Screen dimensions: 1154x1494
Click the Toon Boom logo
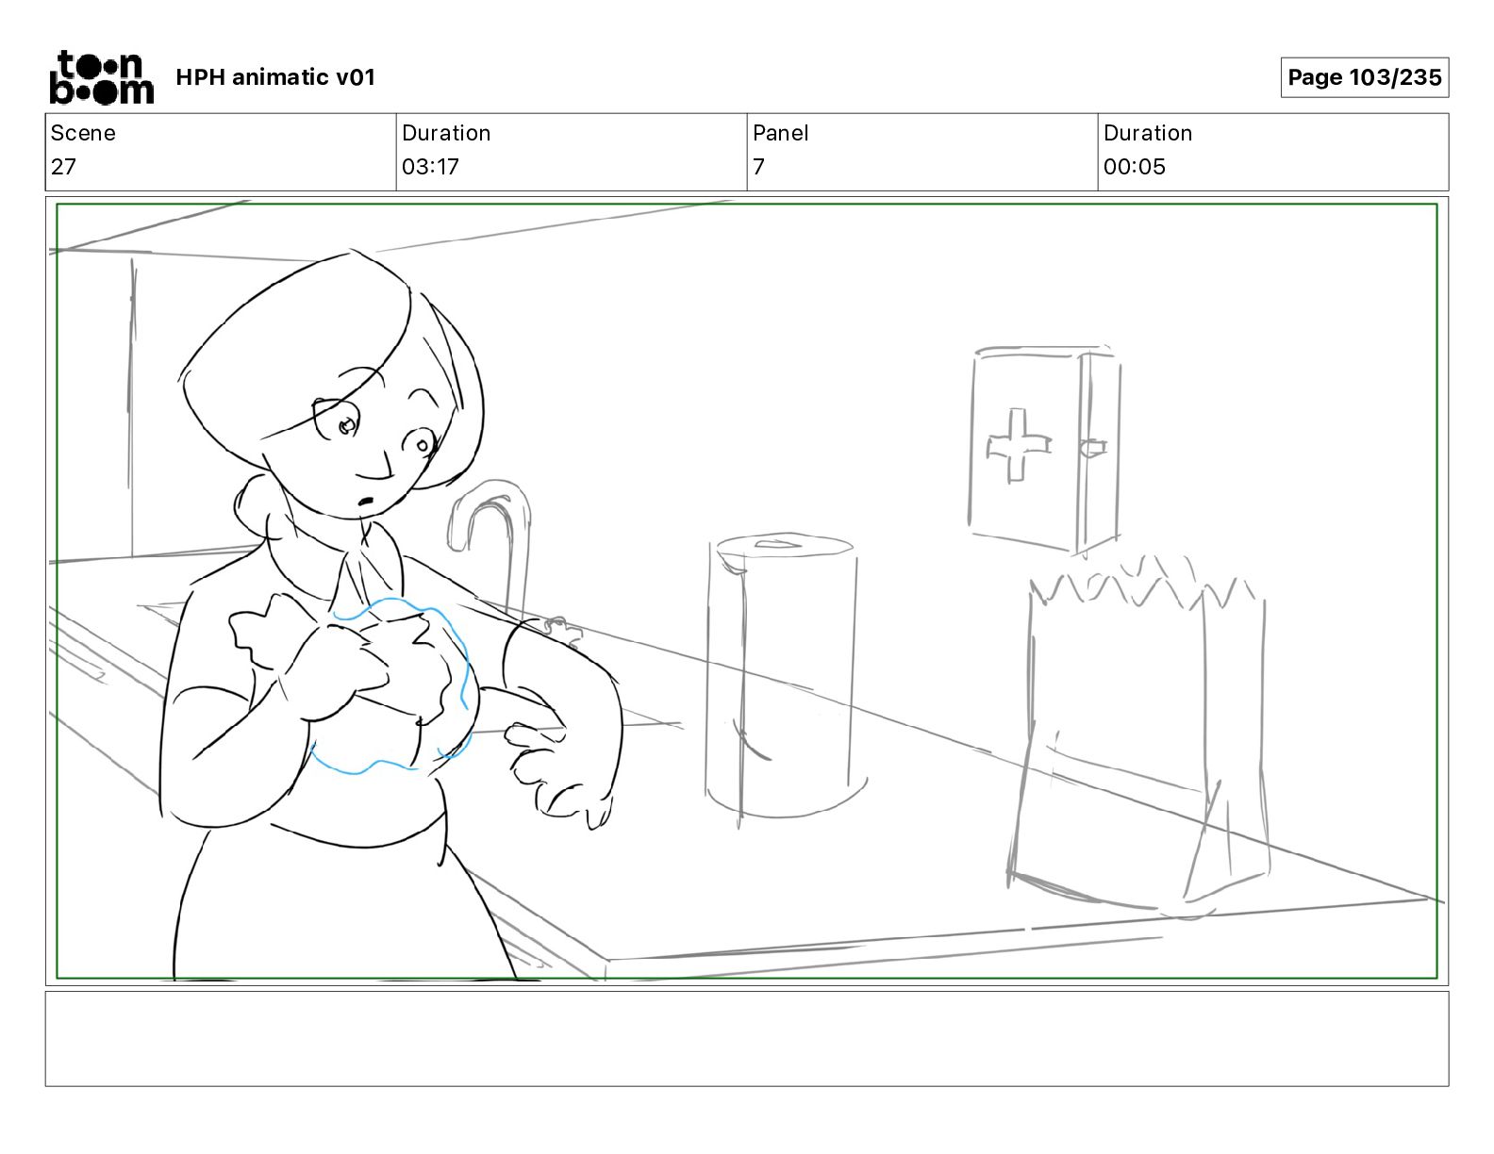click(101, 77)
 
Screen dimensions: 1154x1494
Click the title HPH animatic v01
click(275, 77)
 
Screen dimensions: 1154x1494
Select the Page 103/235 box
click(1364, 77)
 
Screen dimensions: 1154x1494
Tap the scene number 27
click(63, 167)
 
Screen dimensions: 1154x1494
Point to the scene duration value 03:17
click(430, 167)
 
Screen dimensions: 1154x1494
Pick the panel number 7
click(758, 167)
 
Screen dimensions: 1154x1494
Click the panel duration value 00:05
click(1134, 167)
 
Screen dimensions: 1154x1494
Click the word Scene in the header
click(83, 133)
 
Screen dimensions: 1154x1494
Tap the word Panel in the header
click(780, 133)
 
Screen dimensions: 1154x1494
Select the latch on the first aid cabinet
click(1094, 448)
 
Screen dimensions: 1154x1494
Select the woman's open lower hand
click(556, 768)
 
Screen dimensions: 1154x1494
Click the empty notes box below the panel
click(746, 1038)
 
